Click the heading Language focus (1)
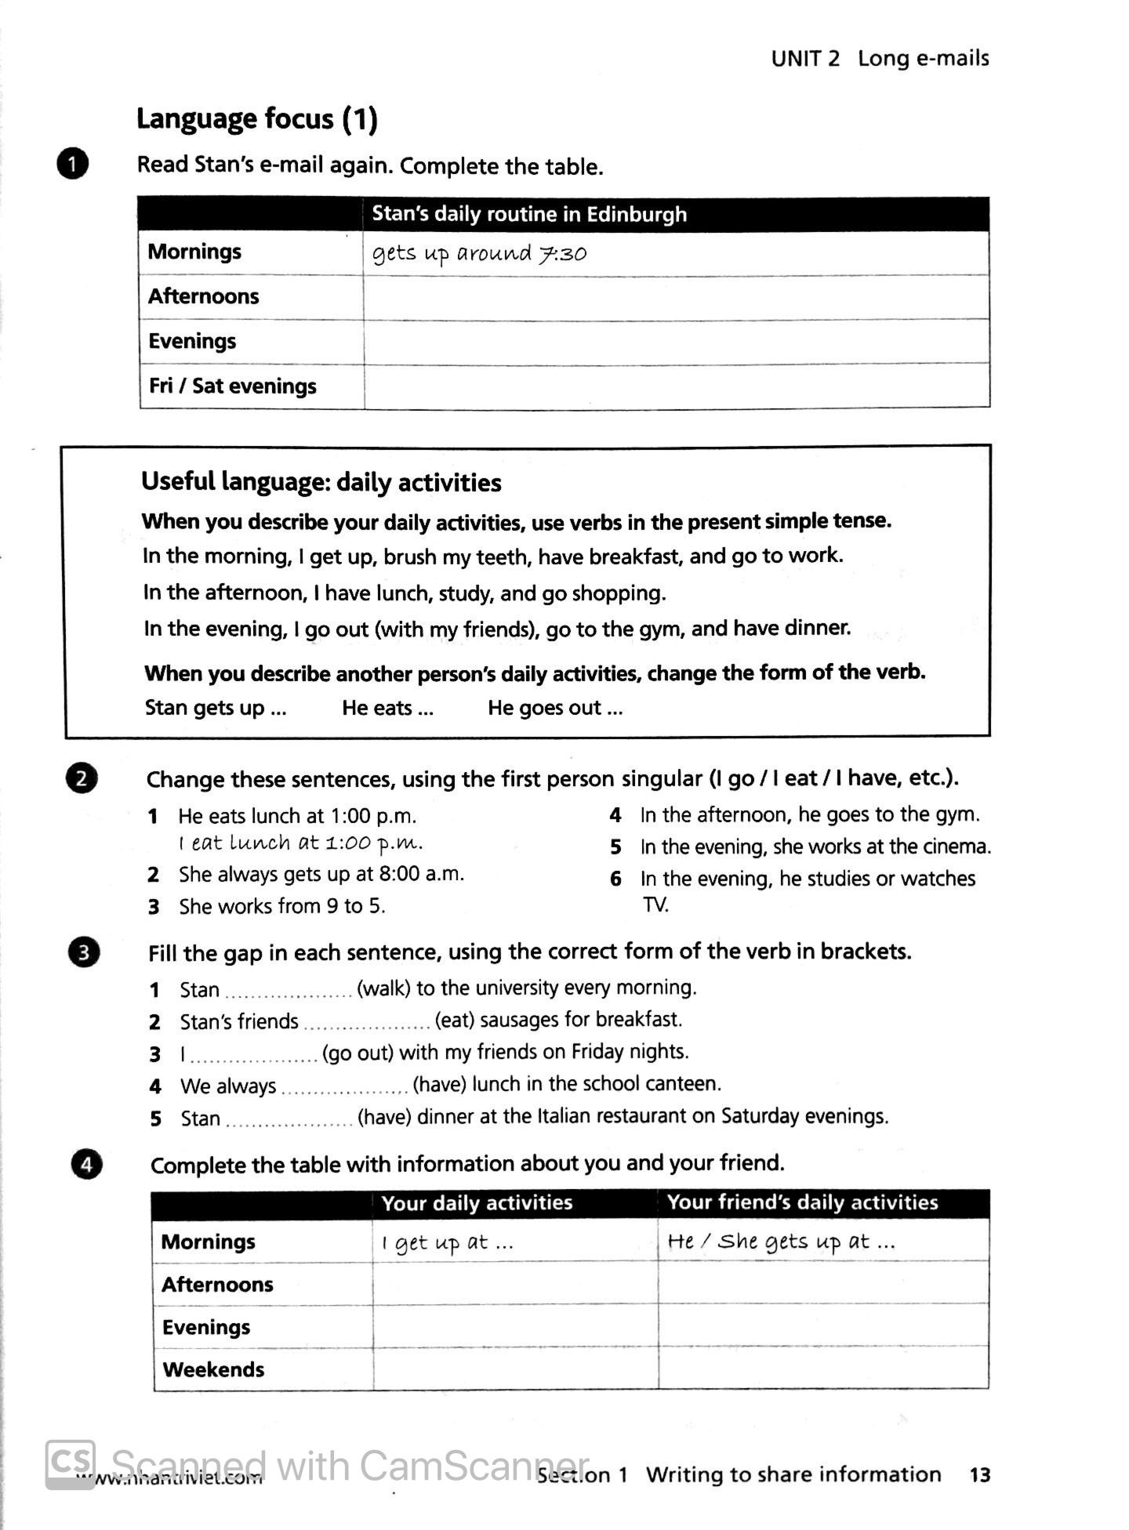256,119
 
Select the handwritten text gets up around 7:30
479,254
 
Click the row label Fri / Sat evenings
232,386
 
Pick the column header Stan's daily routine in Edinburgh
529,214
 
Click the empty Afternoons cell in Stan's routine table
675,297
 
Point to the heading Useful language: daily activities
321,482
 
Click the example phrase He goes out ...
554,708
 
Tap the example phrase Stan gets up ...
216,708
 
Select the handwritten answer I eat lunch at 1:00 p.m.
301,843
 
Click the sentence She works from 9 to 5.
281,906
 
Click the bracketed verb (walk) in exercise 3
383,988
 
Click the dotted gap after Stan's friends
366,1022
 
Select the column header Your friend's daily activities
802,1202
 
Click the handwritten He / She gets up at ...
781,1242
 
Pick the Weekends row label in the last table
213,1369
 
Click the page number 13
979,1474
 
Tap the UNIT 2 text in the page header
804,59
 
